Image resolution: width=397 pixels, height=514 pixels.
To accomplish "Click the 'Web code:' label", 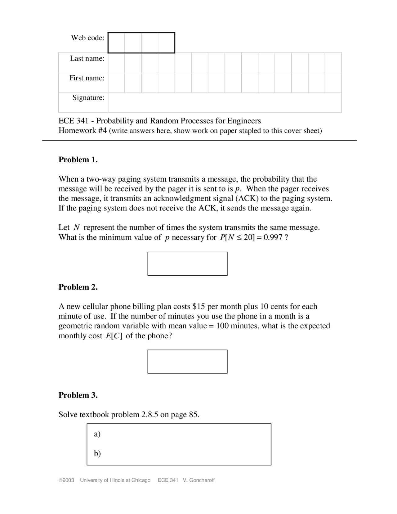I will coord(88,38).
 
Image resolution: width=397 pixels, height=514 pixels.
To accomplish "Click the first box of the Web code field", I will coord(117,43).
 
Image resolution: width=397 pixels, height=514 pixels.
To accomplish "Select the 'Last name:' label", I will coord(87,58).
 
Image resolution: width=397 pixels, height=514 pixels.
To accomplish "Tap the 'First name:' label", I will coord(87,78).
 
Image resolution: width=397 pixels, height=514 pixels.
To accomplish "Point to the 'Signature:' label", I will coord(88,97).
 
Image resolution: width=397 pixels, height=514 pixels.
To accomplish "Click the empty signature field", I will coord(225,102).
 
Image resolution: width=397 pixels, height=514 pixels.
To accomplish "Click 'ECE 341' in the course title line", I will coord(74,121).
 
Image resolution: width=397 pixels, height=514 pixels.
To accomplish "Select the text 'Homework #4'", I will coord(83,130).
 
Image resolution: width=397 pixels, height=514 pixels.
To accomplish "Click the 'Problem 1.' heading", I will coord(78,160).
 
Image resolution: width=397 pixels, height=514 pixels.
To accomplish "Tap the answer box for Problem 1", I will coord(187,264).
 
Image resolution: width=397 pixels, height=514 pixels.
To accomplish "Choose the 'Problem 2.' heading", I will coord(78,287).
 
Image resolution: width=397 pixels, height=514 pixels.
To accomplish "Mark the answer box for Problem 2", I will coord(187,362).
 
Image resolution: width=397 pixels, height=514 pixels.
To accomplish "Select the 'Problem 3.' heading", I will coord(78,395).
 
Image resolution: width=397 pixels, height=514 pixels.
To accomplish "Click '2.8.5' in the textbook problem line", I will coord(150,415).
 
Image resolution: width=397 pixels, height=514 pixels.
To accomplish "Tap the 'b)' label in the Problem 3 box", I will coord(97,453).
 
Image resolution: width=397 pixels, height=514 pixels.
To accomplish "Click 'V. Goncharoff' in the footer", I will coord(199,480).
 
